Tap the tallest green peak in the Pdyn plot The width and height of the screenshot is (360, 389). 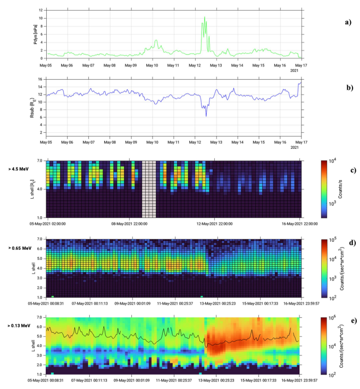pyautogui.click(x=205, y=18)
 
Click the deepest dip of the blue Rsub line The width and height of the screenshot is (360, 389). pyautogui.click(x=206, y=115)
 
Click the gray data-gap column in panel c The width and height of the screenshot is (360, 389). pyautogui.click(x=149, y=189)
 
